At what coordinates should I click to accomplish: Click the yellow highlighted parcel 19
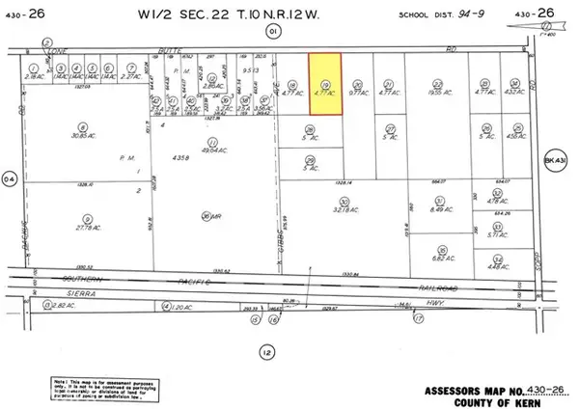[326, 86]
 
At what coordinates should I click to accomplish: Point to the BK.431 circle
[552, 160]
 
